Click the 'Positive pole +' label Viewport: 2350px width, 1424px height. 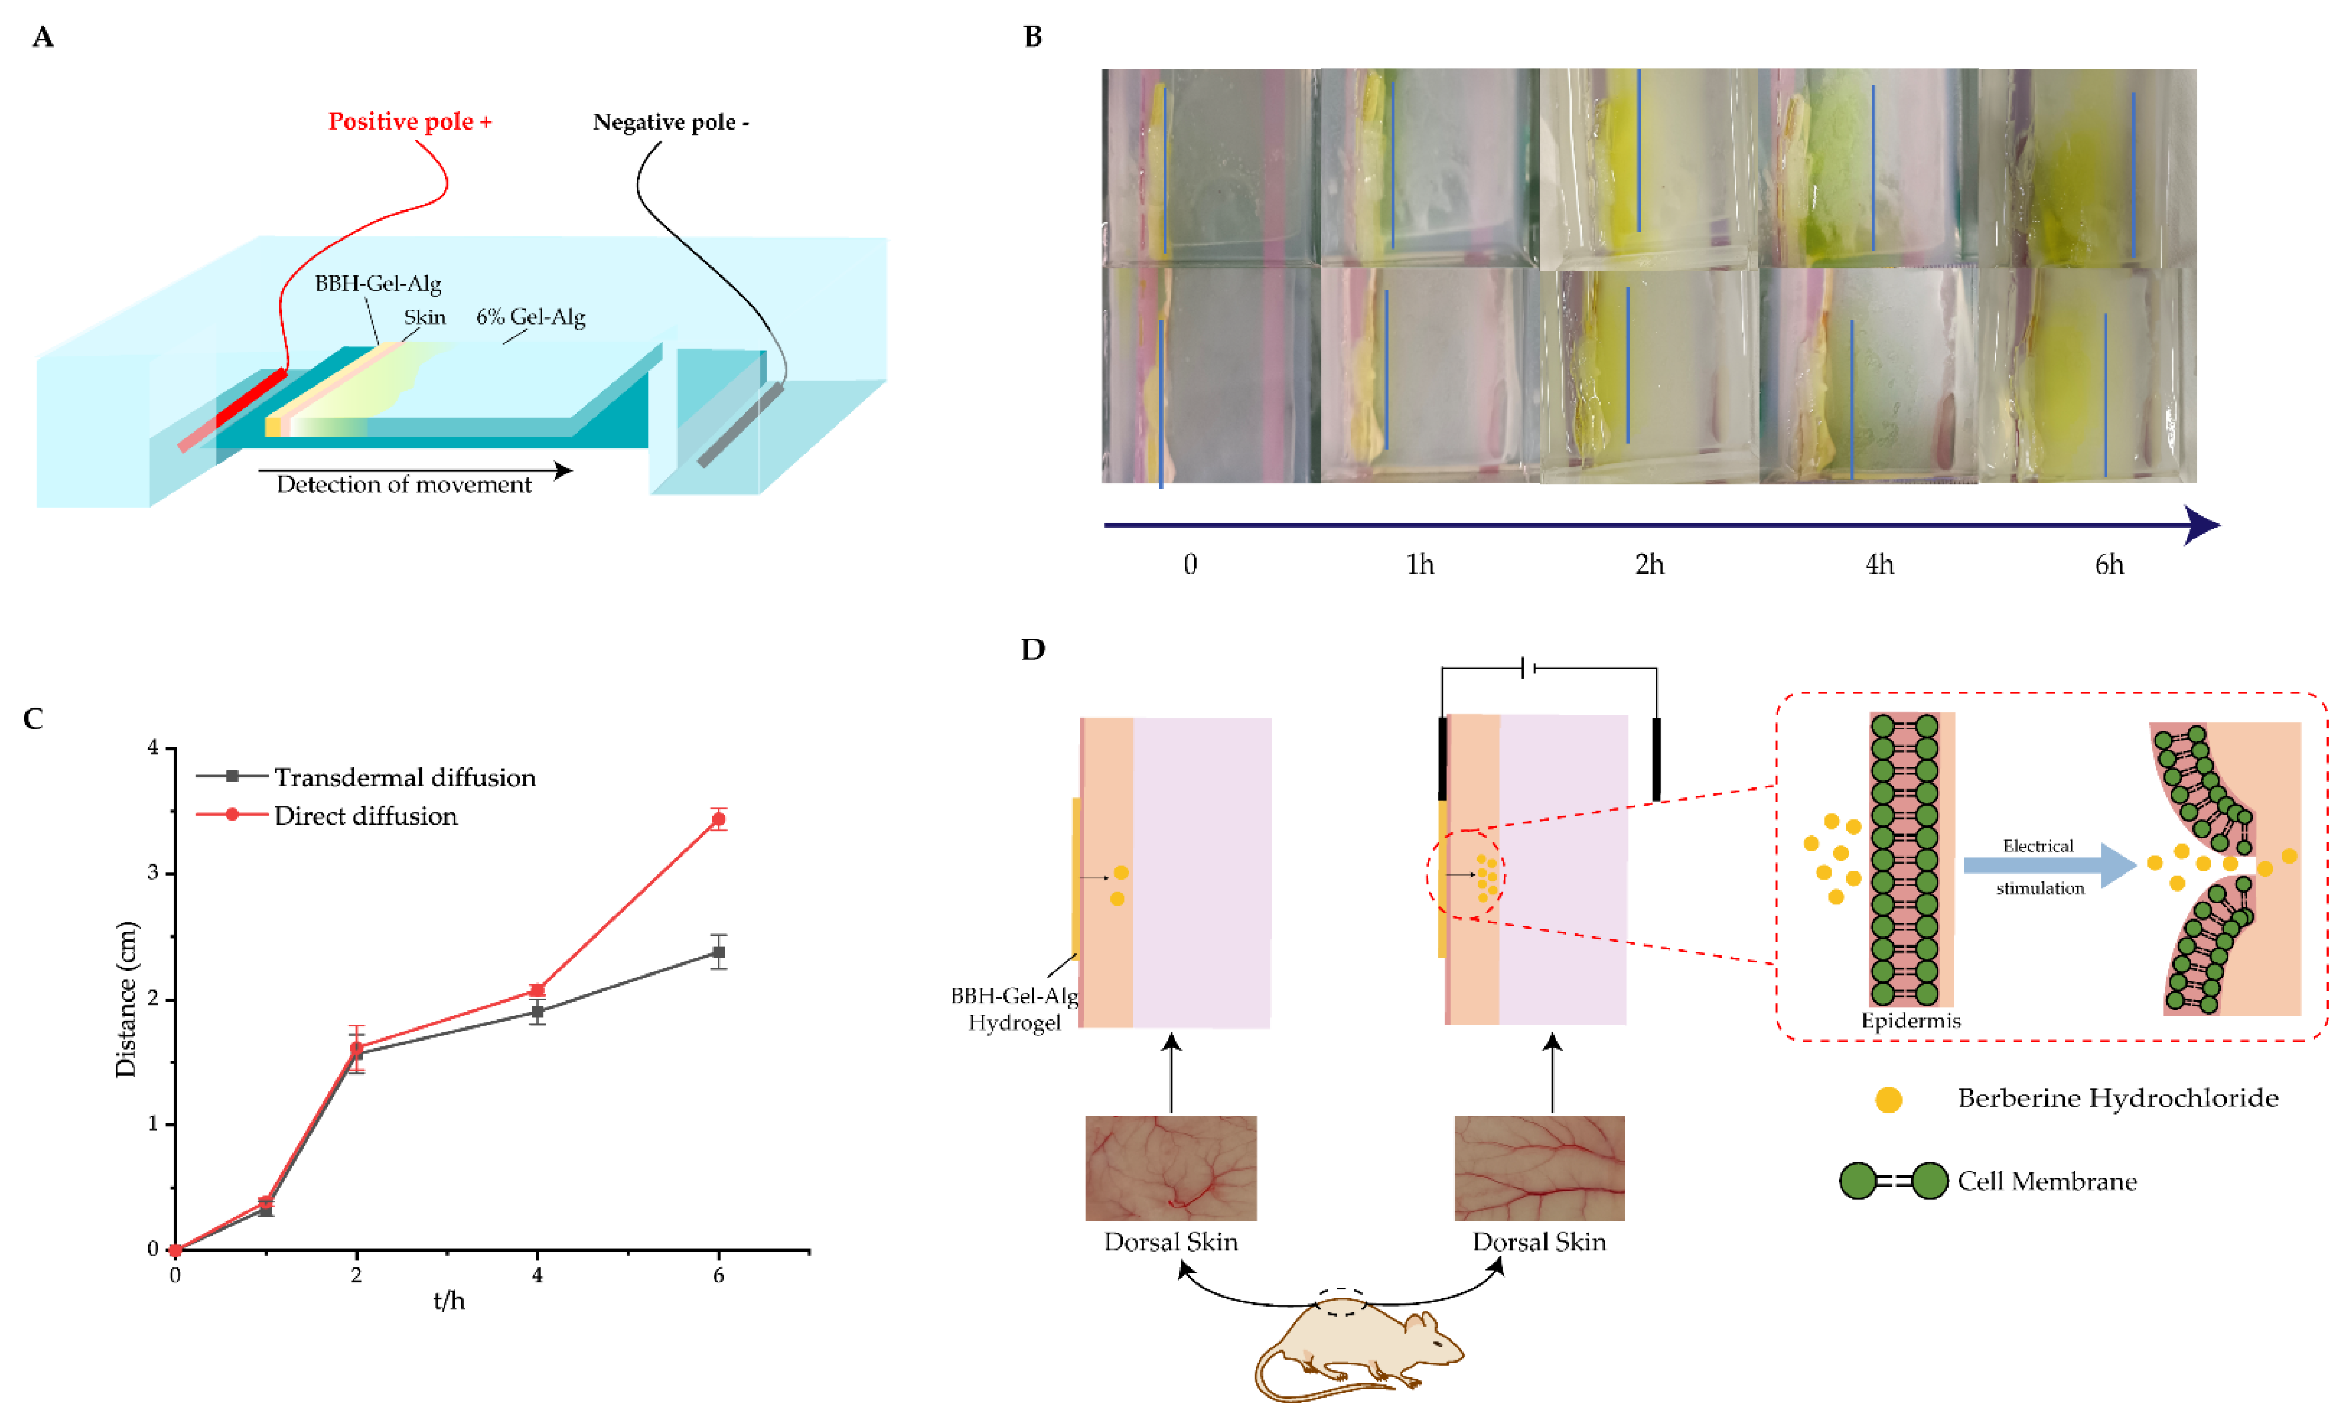pyautogui.click(x=410, y=122)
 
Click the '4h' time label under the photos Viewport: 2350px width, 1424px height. pyautogui.click(x=1879, y=565)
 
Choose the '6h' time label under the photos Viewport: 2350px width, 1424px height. pyautogui.click(x=2109, y=565)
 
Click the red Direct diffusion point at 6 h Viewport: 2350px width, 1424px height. pyautogui.click(x=718, y=819)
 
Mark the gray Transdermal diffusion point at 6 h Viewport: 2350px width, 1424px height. pyautogui.click(x=718, y=952)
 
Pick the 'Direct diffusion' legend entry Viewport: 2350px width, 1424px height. pyautogui.click(x=365, y=816)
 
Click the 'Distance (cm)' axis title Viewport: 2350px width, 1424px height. pyautogui.click(x=126, y=999)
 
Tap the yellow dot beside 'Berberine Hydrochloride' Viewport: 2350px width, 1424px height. pyautogui.click(x=1888, y=1100)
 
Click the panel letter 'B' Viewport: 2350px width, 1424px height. pyautogui.click(x=1032, y=37)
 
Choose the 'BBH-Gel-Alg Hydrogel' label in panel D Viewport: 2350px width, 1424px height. pyautogui.click(x=1014, y=1009)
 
